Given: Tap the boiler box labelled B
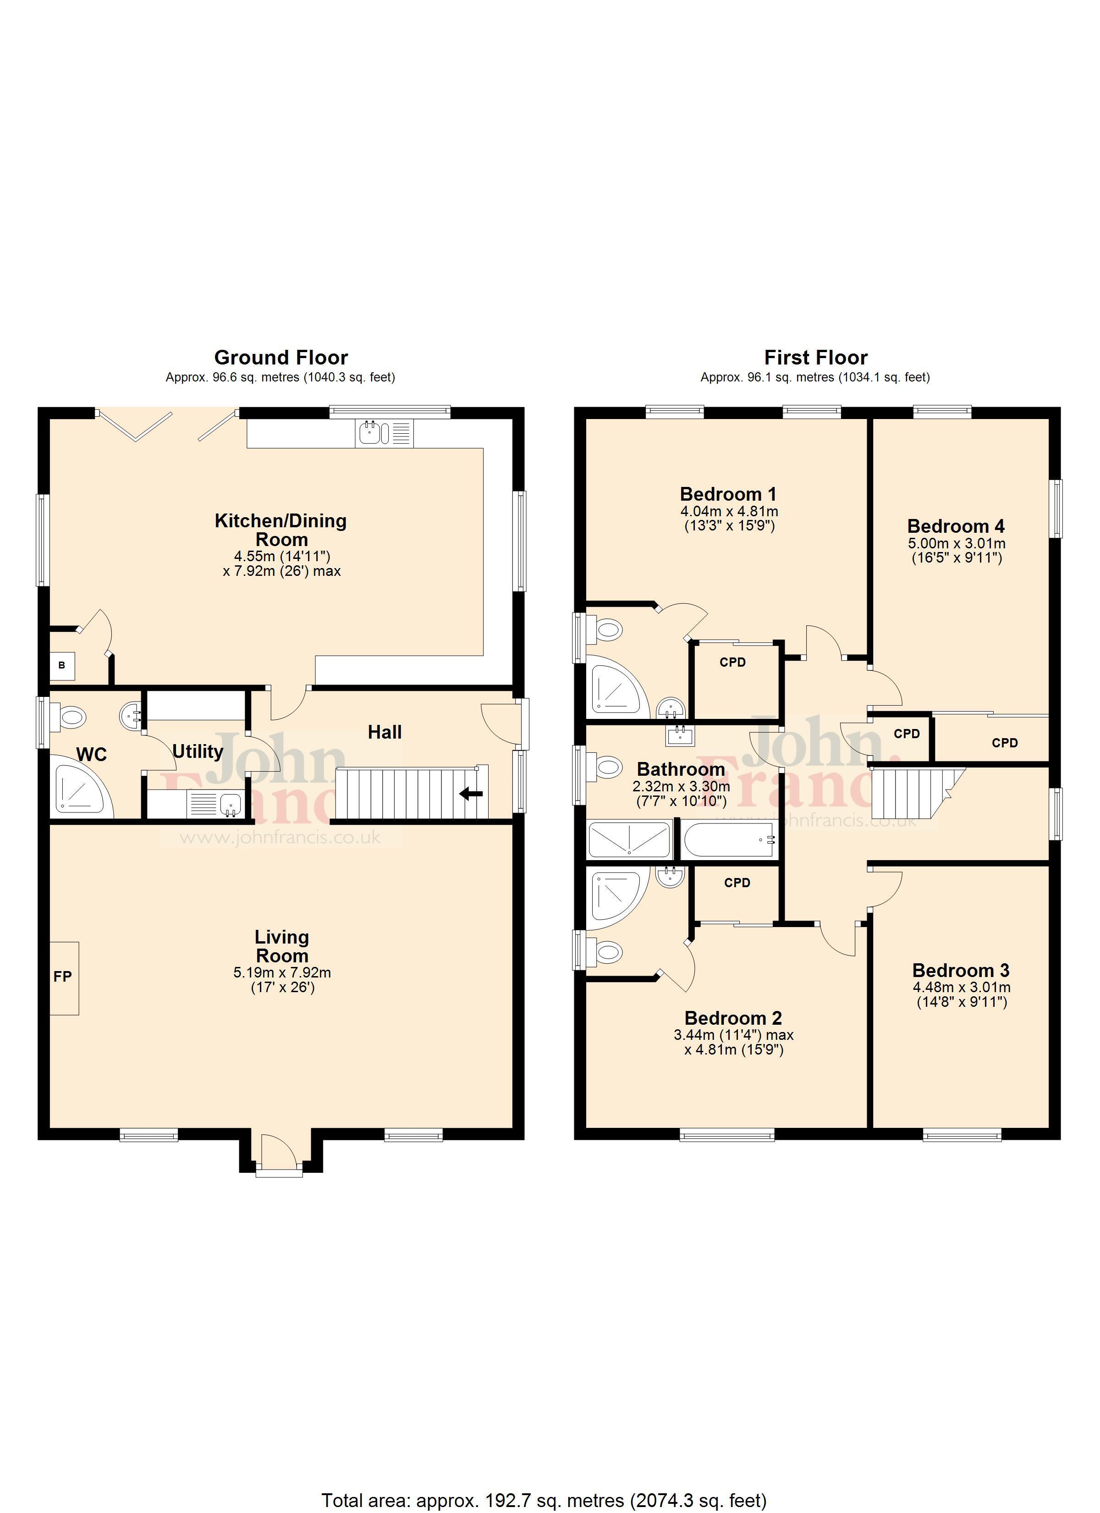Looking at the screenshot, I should click(62, 666).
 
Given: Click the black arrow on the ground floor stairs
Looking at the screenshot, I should click(472, 793).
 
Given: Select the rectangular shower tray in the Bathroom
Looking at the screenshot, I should click(628, 840).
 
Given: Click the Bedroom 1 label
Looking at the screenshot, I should click(728, 494).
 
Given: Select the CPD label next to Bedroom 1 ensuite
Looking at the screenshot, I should click(732, 663).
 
